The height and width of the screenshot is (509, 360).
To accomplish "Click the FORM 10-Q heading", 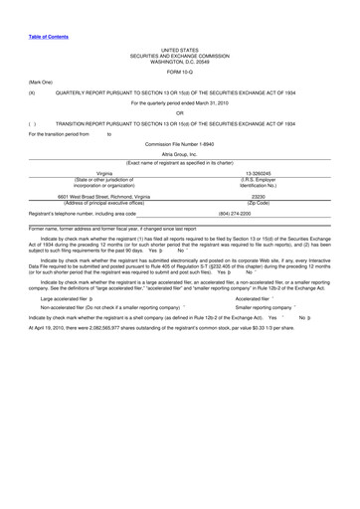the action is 180,73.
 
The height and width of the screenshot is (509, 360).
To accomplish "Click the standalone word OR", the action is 180,112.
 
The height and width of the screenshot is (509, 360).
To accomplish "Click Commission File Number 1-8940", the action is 180,145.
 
